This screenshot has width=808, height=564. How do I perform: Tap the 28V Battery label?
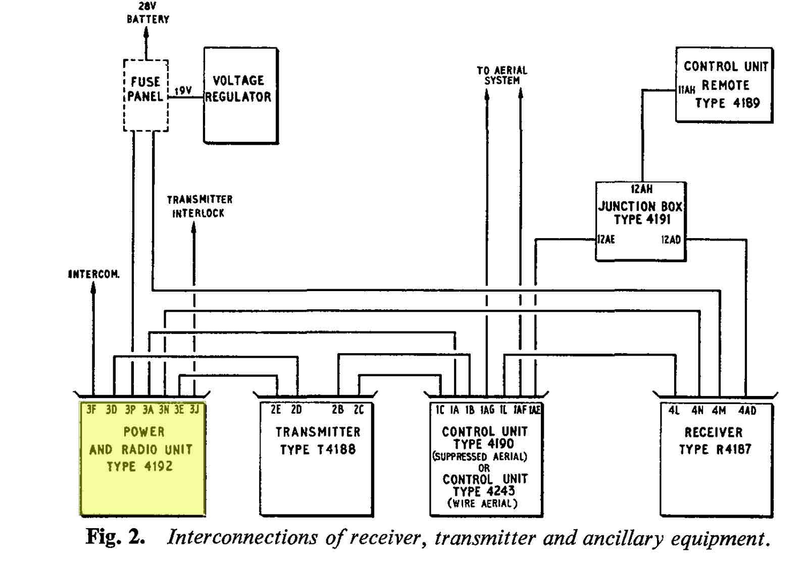(x=148, y=13)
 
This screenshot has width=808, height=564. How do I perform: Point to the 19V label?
(x=183, y=90)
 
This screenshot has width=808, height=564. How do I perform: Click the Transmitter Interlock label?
(x=199, y=206)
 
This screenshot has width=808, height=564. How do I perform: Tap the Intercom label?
(x=94, y=274)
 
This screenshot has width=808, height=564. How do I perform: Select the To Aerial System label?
(x=502, y=75)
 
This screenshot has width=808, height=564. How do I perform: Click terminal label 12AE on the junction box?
(x=606, y=239)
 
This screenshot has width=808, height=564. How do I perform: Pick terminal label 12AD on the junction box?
(x=671, y=239)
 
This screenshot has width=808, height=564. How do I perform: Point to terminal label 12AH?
(x=641, y=189)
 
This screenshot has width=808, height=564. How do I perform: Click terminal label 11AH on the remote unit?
(x=687, y=89)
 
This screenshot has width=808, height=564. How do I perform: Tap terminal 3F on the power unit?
(x=91, y=410)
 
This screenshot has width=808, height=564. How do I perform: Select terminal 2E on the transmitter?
(x=276, y=410)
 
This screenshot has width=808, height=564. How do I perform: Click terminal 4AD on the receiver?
(x=747, y=410)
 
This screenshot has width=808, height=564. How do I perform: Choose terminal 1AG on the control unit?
(x=487, y=410)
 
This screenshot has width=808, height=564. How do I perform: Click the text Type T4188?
(x=318, y=449)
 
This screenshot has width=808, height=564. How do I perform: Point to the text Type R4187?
(x=715, y=449)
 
